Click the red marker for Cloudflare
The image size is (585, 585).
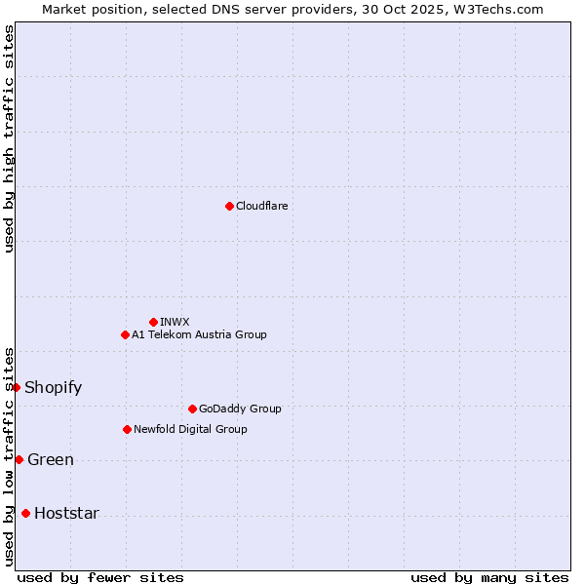(229, 206)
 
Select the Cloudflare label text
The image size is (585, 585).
(262, 206)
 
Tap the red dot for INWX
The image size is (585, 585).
(153, 322)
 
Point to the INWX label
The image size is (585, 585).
(175, 322)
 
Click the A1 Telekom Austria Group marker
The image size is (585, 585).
(125, 334)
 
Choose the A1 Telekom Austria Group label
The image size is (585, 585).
(199, 334)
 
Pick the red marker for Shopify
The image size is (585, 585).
(17, 387)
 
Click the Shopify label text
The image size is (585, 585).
(53, 387)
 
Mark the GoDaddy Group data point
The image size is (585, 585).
(192, 409)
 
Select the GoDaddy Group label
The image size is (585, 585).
(240, 409)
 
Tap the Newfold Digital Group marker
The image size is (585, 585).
(127, 429)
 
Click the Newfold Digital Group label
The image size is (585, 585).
(190, 429)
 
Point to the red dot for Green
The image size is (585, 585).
(19, 459)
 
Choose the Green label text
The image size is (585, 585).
(51, 459)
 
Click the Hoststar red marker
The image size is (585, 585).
(25, 513)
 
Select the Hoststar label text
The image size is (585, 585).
(66, 513)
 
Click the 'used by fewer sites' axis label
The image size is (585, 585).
(100, 577)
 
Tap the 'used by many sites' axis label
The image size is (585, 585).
(489, 577)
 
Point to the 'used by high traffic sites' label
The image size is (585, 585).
(9, 138)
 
